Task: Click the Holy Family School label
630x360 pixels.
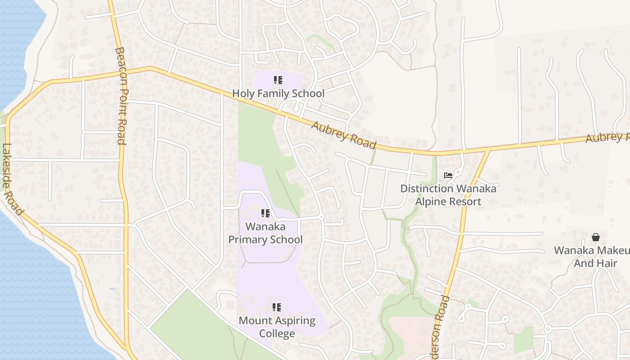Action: tap(278, 94)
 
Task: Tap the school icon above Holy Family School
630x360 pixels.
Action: tap(278, 81)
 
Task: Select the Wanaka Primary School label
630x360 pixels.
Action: tap(265, 233)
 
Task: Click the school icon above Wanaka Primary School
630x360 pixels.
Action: tap(265, 213)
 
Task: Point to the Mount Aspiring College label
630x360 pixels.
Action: tap(277, 327)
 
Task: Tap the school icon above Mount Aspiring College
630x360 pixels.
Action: tap(277, 307)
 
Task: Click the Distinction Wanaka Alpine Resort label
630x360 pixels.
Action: tap(448, 195)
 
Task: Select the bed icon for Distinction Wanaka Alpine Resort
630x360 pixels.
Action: tap(448, 175)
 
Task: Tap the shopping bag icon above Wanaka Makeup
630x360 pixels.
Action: tap(596, 237)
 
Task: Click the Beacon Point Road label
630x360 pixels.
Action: tap(120, 96)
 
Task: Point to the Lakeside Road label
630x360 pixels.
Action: tap(12, 179)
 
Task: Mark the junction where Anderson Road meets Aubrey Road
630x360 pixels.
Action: tap(489, 150)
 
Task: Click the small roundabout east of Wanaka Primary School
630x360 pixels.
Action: tap(321, 217)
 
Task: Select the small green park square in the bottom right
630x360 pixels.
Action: tap(523, 340)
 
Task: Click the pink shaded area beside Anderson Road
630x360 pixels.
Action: tap(407, 335)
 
